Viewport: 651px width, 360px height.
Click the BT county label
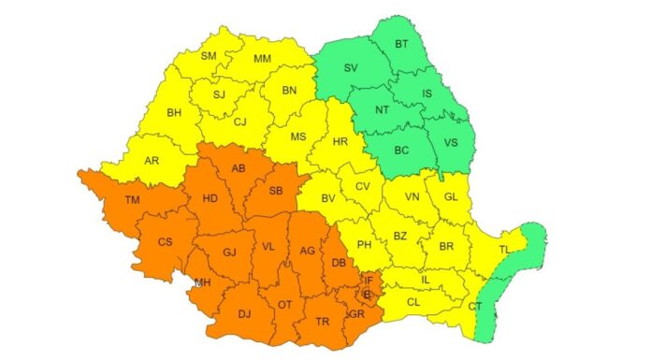coord(402,44)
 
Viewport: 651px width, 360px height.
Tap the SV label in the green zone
coord(351,68)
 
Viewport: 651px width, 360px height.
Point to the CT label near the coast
coord(475,306)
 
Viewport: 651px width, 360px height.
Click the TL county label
coord(505,250)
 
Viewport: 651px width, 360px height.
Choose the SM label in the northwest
coord(209,56)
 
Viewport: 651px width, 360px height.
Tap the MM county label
coord(263,59)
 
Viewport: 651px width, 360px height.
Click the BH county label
coord(174,112)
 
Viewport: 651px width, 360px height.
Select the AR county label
coord(152,161)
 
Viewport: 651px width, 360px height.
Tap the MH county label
coord(202,283)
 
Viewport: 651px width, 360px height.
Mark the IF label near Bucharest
coord(369,280)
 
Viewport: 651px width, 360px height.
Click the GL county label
coord(451,196)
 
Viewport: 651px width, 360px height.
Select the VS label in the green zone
coord(451,144)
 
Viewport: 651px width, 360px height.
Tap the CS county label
coord(165,242)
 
